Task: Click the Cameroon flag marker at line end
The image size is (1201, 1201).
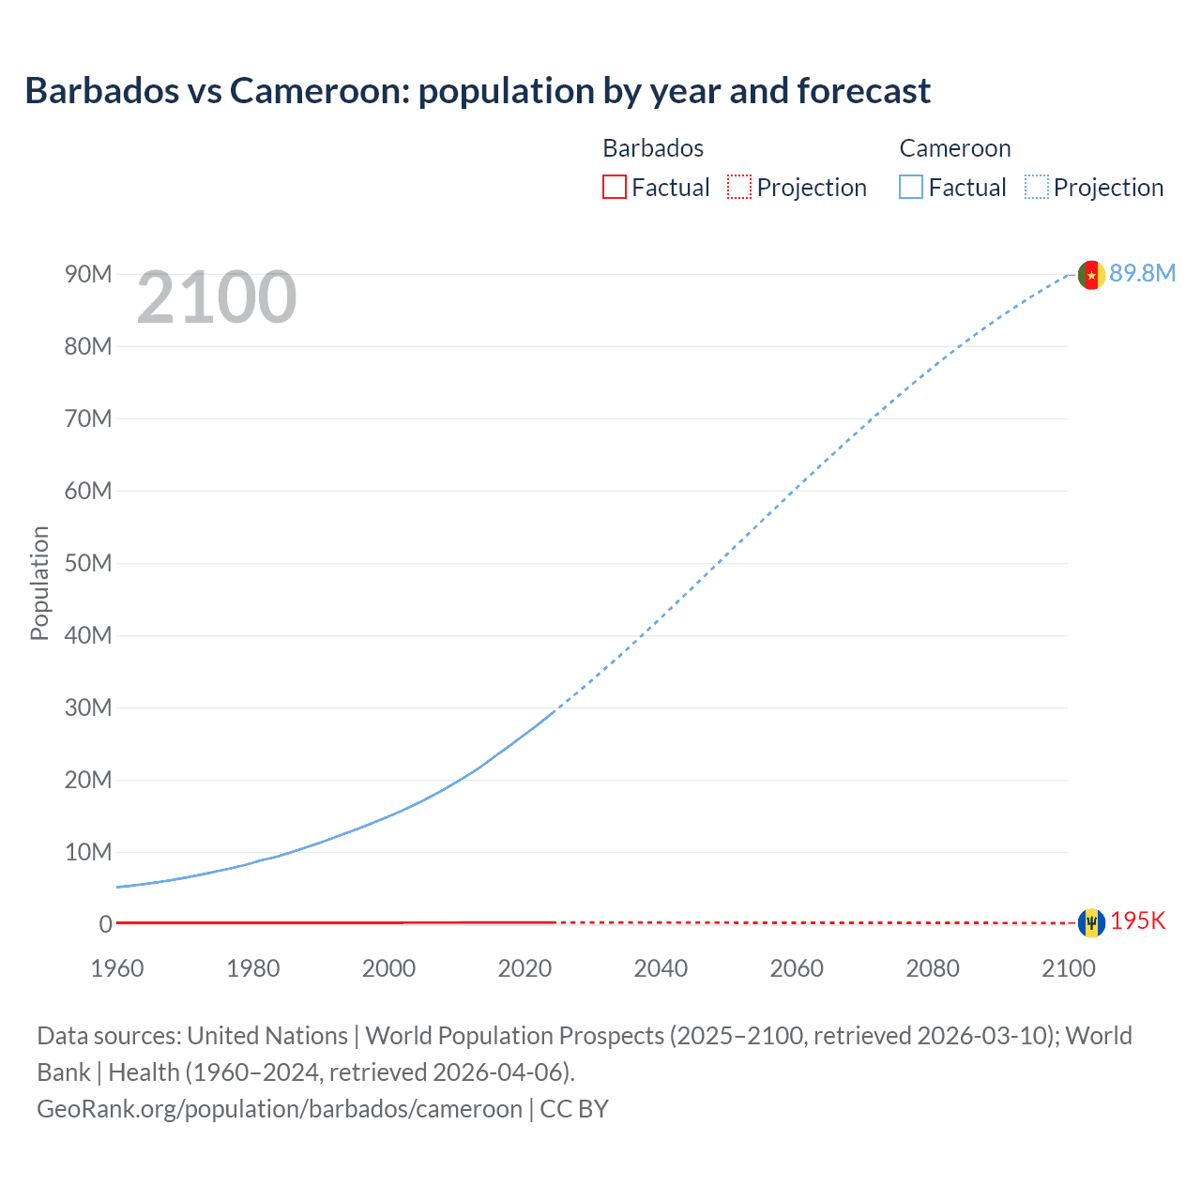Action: [x=1090, y=275]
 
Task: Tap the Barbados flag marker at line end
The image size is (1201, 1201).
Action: [x=1090, y=922]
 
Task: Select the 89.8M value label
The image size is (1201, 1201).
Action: [x=1142, y=273]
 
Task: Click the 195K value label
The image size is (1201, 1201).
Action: [x=1137, y=920]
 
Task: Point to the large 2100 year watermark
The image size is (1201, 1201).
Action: [x=217, y=297]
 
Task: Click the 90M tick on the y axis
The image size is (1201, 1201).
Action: [x=88, y=274]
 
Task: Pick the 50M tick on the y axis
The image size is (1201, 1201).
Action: [x=88, y=563]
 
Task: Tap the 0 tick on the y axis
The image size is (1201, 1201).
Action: [x=105, y=924]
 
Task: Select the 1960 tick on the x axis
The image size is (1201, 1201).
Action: [x=117, y=968]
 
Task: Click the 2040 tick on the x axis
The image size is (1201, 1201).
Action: [x=661, y=968]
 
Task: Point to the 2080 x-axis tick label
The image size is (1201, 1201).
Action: [x=933, y=968]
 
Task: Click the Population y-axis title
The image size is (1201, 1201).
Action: [x=39, y=583]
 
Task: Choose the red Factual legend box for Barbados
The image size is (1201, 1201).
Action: [x=614, y=187]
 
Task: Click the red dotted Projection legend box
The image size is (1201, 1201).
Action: [x=739, y=187]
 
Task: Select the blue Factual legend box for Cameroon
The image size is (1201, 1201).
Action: [x=911, y=187]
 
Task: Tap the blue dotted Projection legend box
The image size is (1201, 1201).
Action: [x=1037, y=187]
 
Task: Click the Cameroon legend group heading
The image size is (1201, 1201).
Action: [x=955, y=148]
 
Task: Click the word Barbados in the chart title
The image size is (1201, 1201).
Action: [x=101, y=91]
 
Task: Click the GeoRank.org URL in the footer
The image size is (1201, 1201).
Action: [x=279, y=1108]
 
